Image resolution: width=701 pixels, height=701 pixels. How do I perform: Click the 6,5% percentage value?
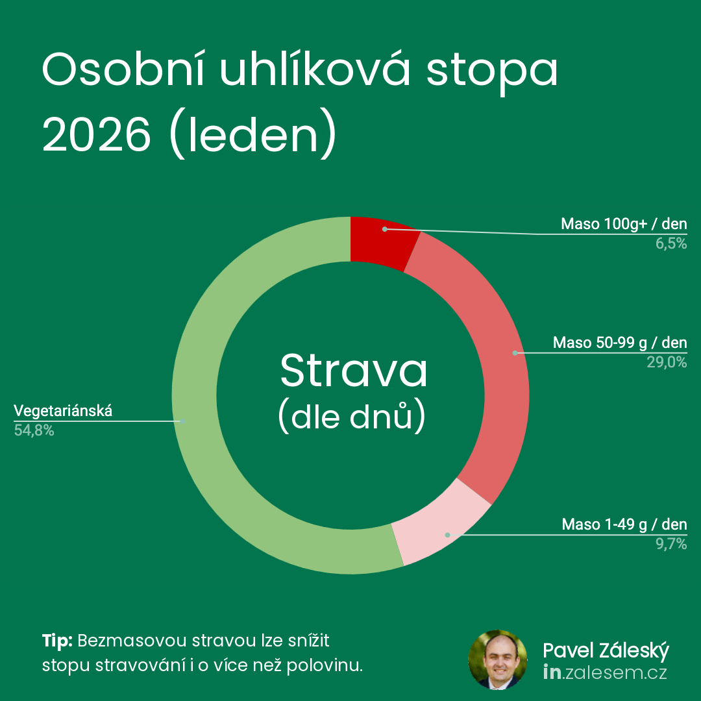coord(671,243)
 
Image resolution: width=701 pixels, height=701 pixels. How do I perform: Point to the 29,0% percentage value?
coord(667,362)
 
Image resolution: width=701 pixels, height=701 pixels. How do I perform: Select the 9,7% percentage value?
coord(671,544)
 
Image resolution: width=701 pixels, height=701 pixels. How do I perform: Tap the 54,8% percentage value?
coord(34,430)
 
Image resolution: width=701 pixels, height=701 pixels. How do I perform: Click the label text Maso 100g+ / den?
coord(624,224)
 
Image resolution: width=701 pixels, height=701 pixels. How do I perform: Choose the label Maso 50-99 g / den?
coord(620,343)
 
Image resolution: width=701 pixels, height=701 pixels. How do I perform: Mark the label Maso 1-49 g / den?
coord(624,524)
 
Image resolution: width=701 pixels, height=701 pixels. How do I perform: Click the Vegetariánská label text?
coord(63,411)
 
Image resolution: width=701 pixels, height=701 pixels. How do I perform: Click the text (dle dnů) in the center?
coord(352,417)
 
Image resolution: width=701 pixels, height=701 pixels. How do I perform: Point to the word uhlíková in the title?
coord(315,69)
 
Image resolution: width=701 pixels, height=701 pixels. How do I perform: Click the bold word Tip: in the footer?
coord(57,641)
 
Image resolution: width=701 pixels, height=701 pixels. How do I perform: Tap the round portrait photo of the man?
coord(498,660)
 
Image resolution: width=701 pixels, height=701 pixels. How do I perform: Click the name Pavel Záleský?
coord(606,651)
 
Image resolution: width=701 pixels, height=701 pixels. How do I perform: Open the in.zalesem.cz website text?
coord(605,673)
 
